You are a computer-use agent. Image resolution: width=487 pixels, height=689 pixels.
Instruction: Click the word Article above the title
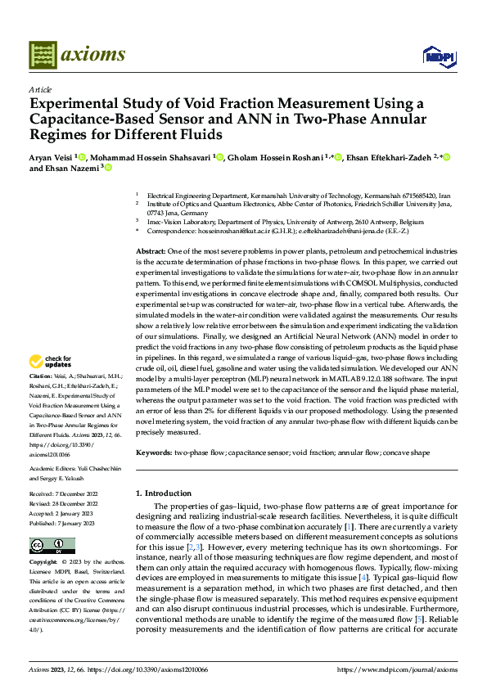point(39,89)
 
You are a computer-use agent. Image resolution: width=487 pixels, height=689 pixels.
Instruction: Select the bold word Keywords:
point(153,451)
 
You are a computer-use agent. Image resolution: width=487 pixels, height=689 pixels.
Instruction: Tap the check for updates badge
point(50,361)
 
